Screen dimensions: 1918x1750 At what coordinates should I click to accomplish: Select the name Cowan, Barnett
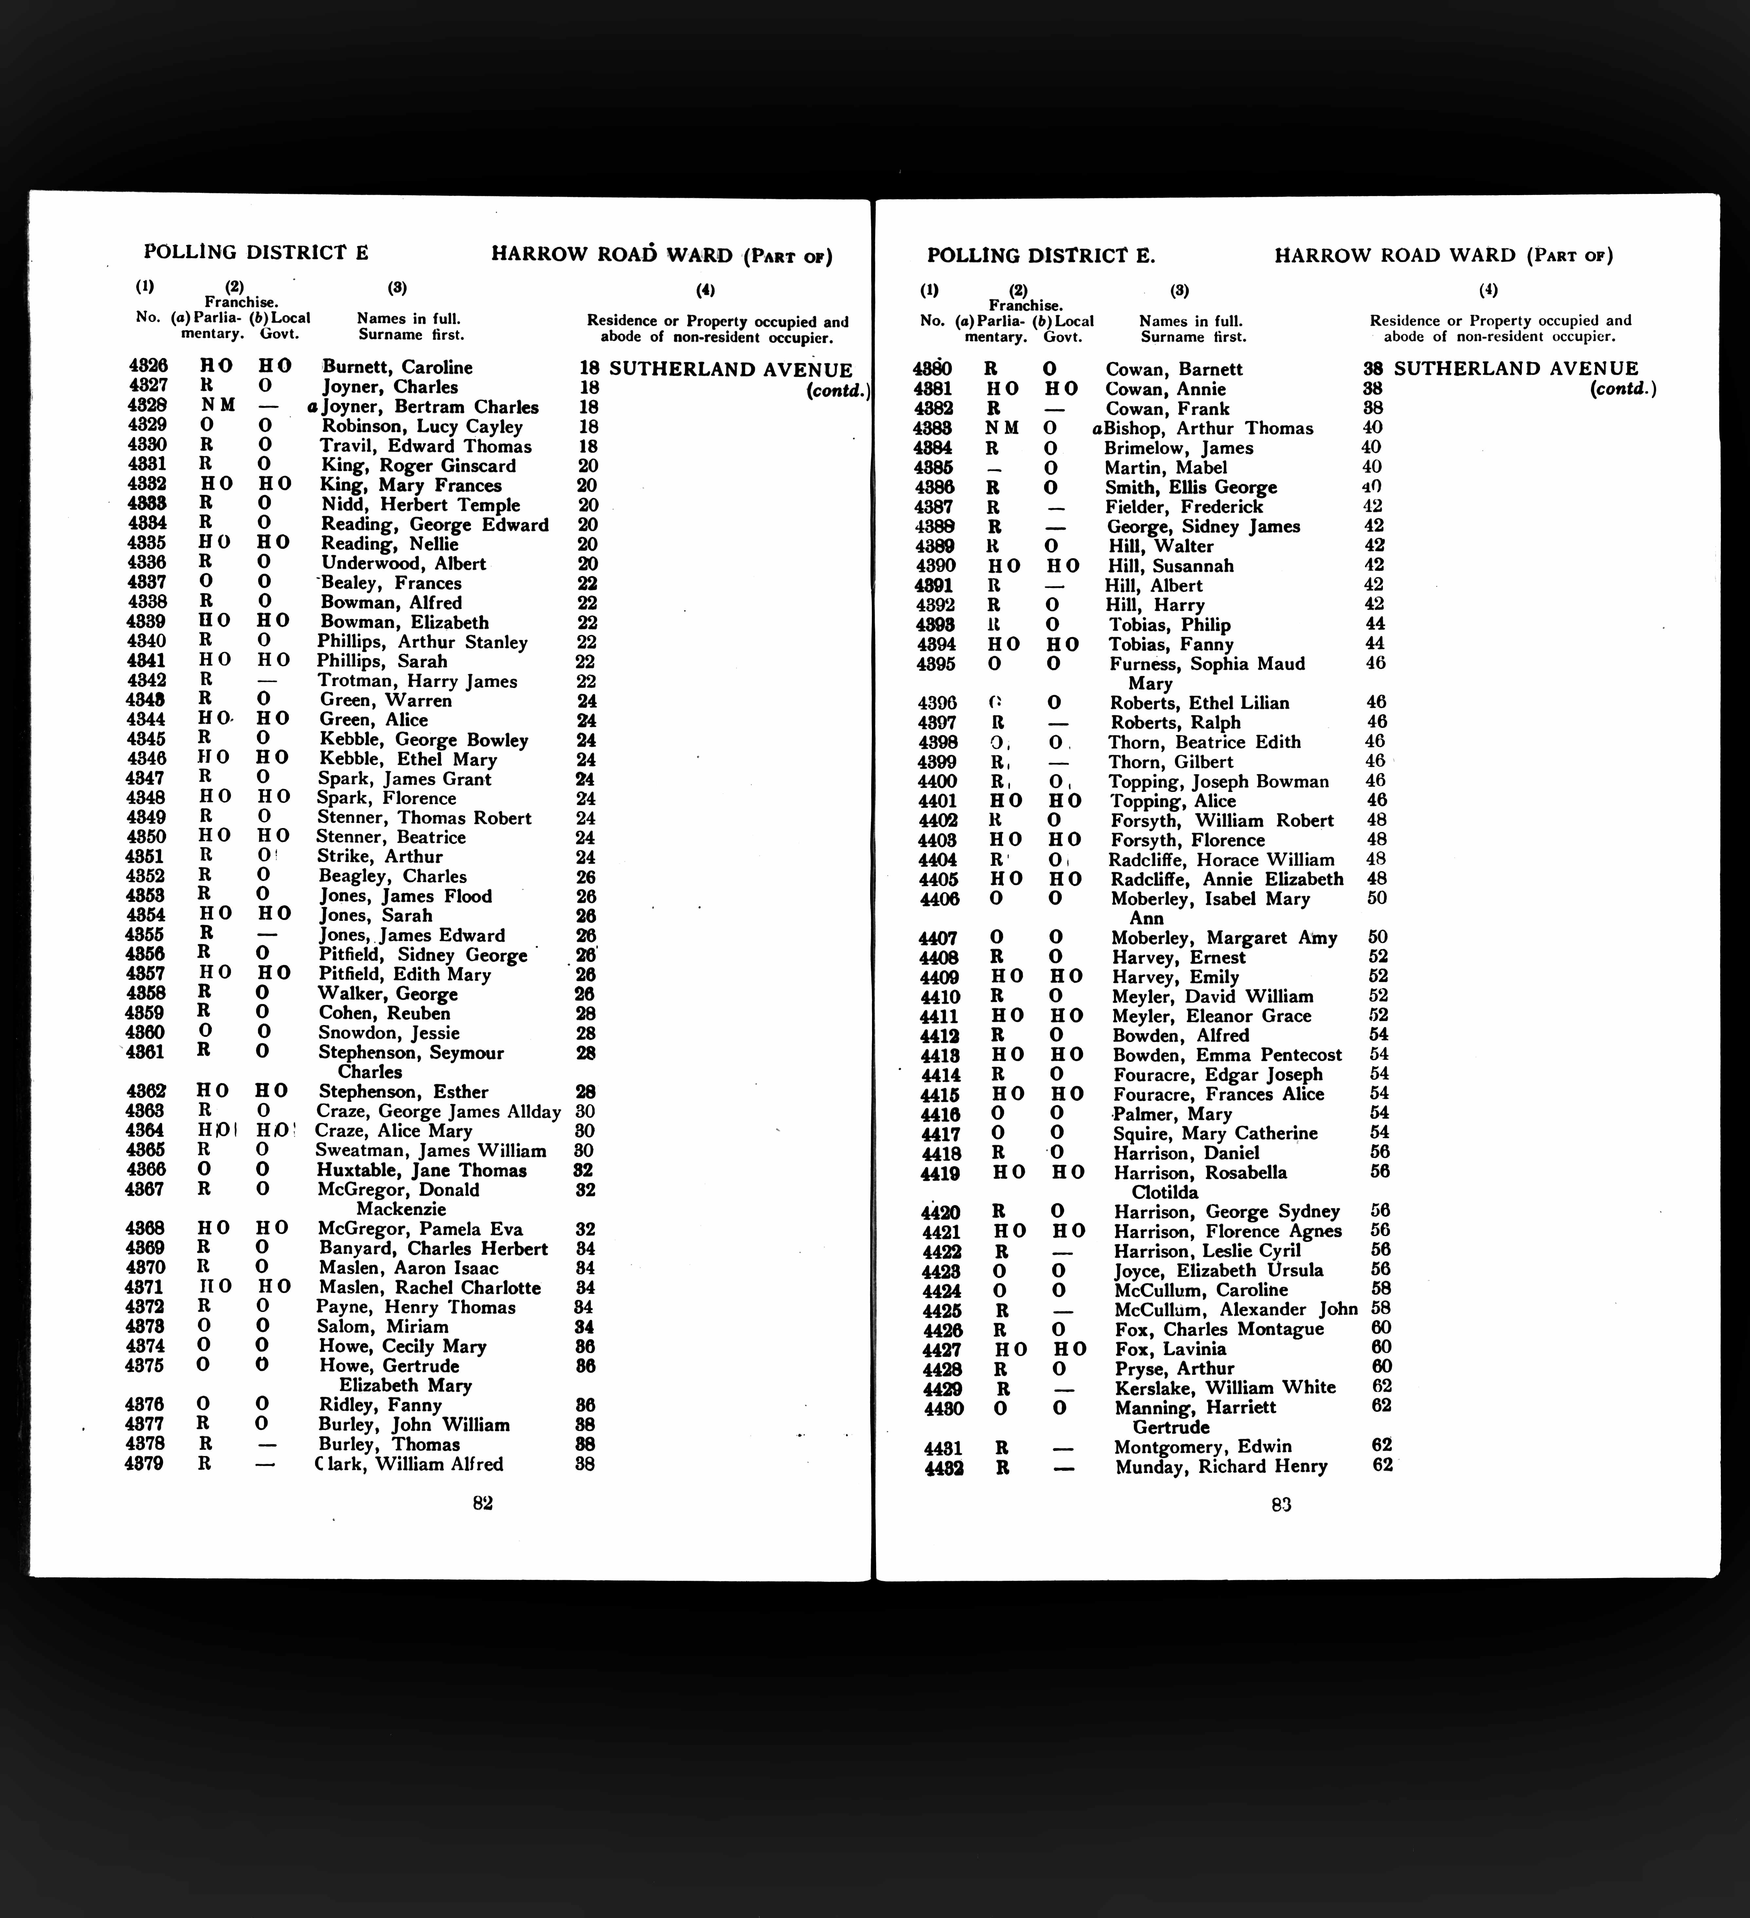tap(1174, 369)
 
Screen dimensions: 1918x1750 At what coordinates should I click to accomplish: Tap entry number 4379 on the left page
tap(144, 1463)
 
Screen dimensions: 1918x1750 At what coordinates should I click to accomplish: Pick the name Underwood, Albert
tap(403, 563)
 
